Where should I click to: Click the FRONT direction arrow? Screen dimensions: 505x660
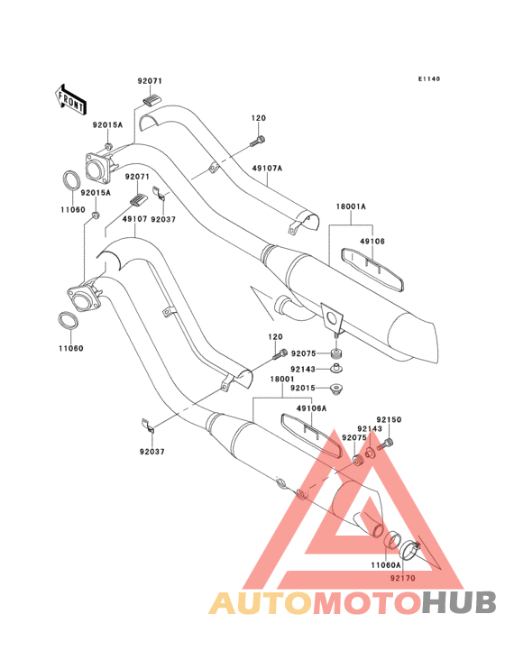click(70, 99)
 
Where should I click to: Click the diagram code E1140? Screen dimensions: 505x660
click(429, 78)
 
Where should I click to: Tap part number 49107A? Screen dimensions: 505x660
click(267, 169)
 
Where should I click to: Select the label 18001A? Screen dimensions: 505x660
click(351, 206)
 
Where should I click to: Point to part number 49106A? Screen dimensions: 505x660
click(311, 408)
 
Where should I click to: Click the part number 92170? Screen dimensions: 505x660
click(403, 578)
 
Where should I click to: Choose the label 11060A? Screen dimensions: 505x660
click(386, 564)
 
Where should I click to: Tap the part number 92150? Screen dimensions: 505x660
click(389, 419)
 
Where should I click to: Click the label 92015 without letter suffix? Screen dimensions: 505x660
click(303, 388)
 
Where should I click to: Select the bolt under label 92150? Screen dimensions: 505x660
click(385, 445)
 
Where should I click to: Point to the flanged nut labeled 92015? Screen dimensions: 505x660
click(336, 389)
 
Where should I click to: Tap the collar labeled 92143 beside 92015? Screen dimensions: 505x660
click(336, 368)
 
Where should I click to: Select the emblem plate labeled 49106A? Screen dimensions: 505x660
click(311, 435)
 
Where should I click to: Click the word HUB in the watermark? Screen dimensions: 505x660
click(460, 602)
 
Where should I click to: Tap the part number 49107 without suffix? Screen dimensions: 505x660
click(134, 219)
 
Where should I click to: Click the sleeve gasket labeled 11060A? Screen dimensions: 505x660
click(391, 540)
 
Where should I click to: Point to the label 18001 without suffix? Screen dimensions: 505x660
click(282, 379)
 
